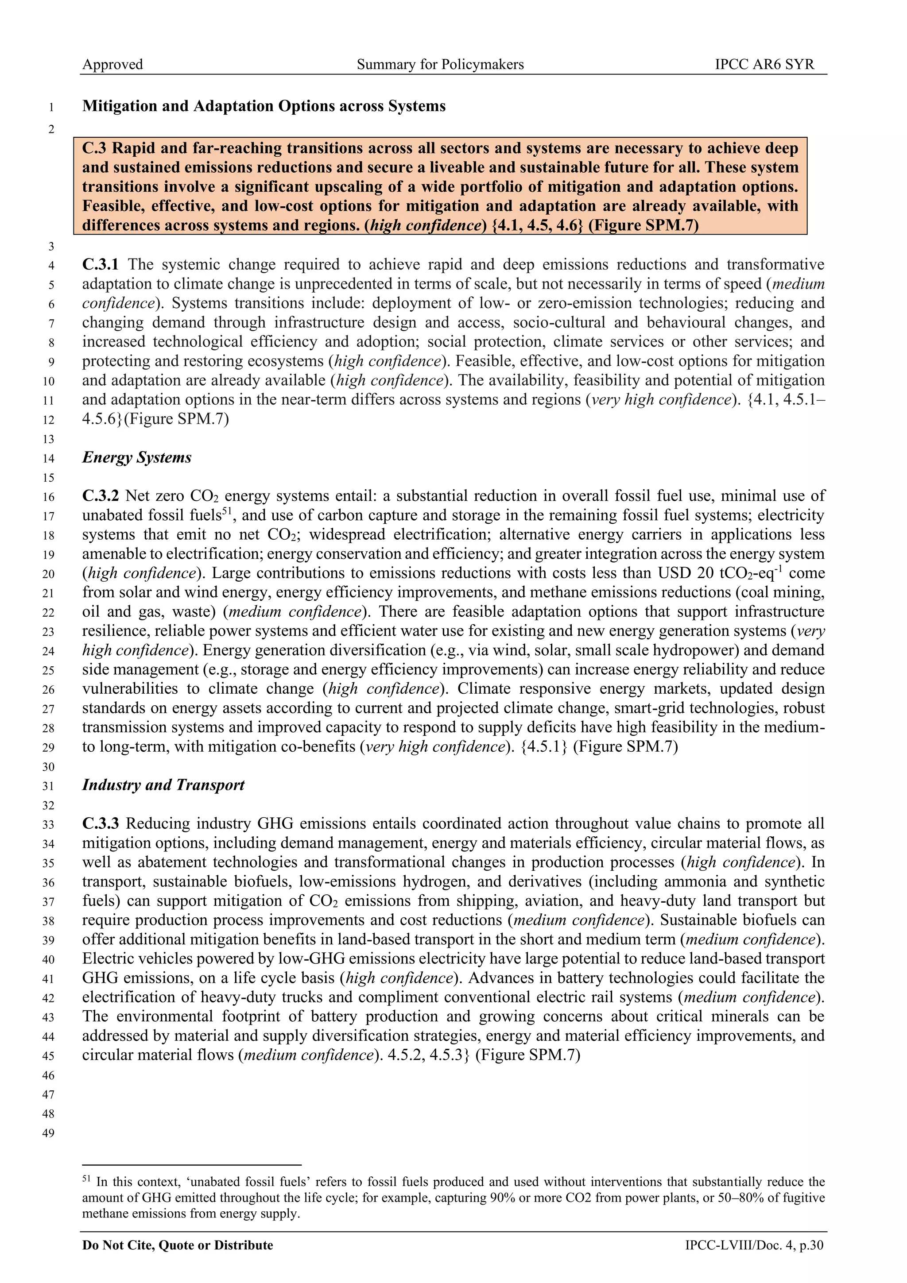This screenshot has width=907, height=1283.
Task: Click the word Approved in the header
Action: point(112,64)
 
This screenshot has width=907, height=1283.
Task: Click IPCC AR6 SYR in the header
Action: point(764,64)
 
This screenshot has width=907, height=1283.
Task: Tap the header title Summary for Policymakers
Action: point(440,64)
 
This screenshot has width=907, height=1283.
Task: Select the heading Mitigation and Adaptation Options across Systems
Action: point(264,106)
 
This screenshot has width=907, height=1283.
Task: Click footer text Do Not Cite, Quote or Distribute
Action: point(178,1245)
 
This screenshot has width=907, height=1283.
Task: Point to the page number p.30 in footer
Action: point(811,1245)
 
